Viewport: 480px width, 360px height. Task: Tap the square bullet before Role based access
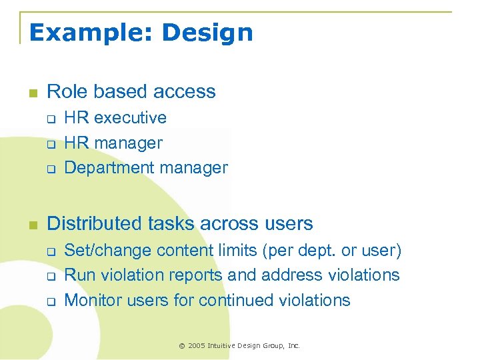click(32, 93)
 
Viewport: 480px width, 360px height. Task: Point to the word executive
click(131, 118)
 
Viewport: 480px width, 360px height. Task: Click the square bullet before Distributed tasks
click(32, 224)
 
